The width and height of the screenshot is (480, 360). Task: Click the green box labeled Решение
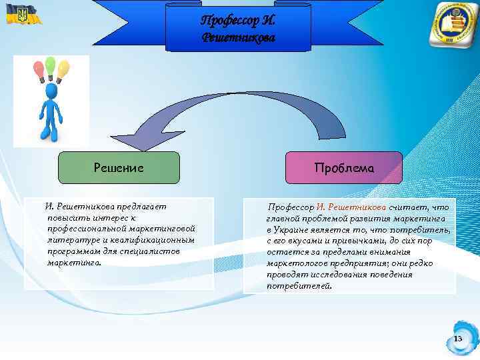pyautogui.click(x=119, y=167)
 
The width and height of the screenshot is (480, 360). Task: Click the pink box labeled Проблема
pyautogui.click(x=344, y=168)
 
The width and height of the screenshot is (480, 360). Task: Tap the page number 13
pyautogui.click(x=458, y=339)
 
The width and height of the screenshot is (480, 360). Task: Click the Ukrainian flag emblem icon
pyautogui.click(x=17, y=15)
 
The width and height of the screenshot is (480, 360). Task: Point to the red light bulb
pyautogui.click(x=38, y=69)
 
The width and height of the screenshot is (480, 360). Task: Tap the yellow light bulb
pyautogui.click(x=63, y=68)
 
